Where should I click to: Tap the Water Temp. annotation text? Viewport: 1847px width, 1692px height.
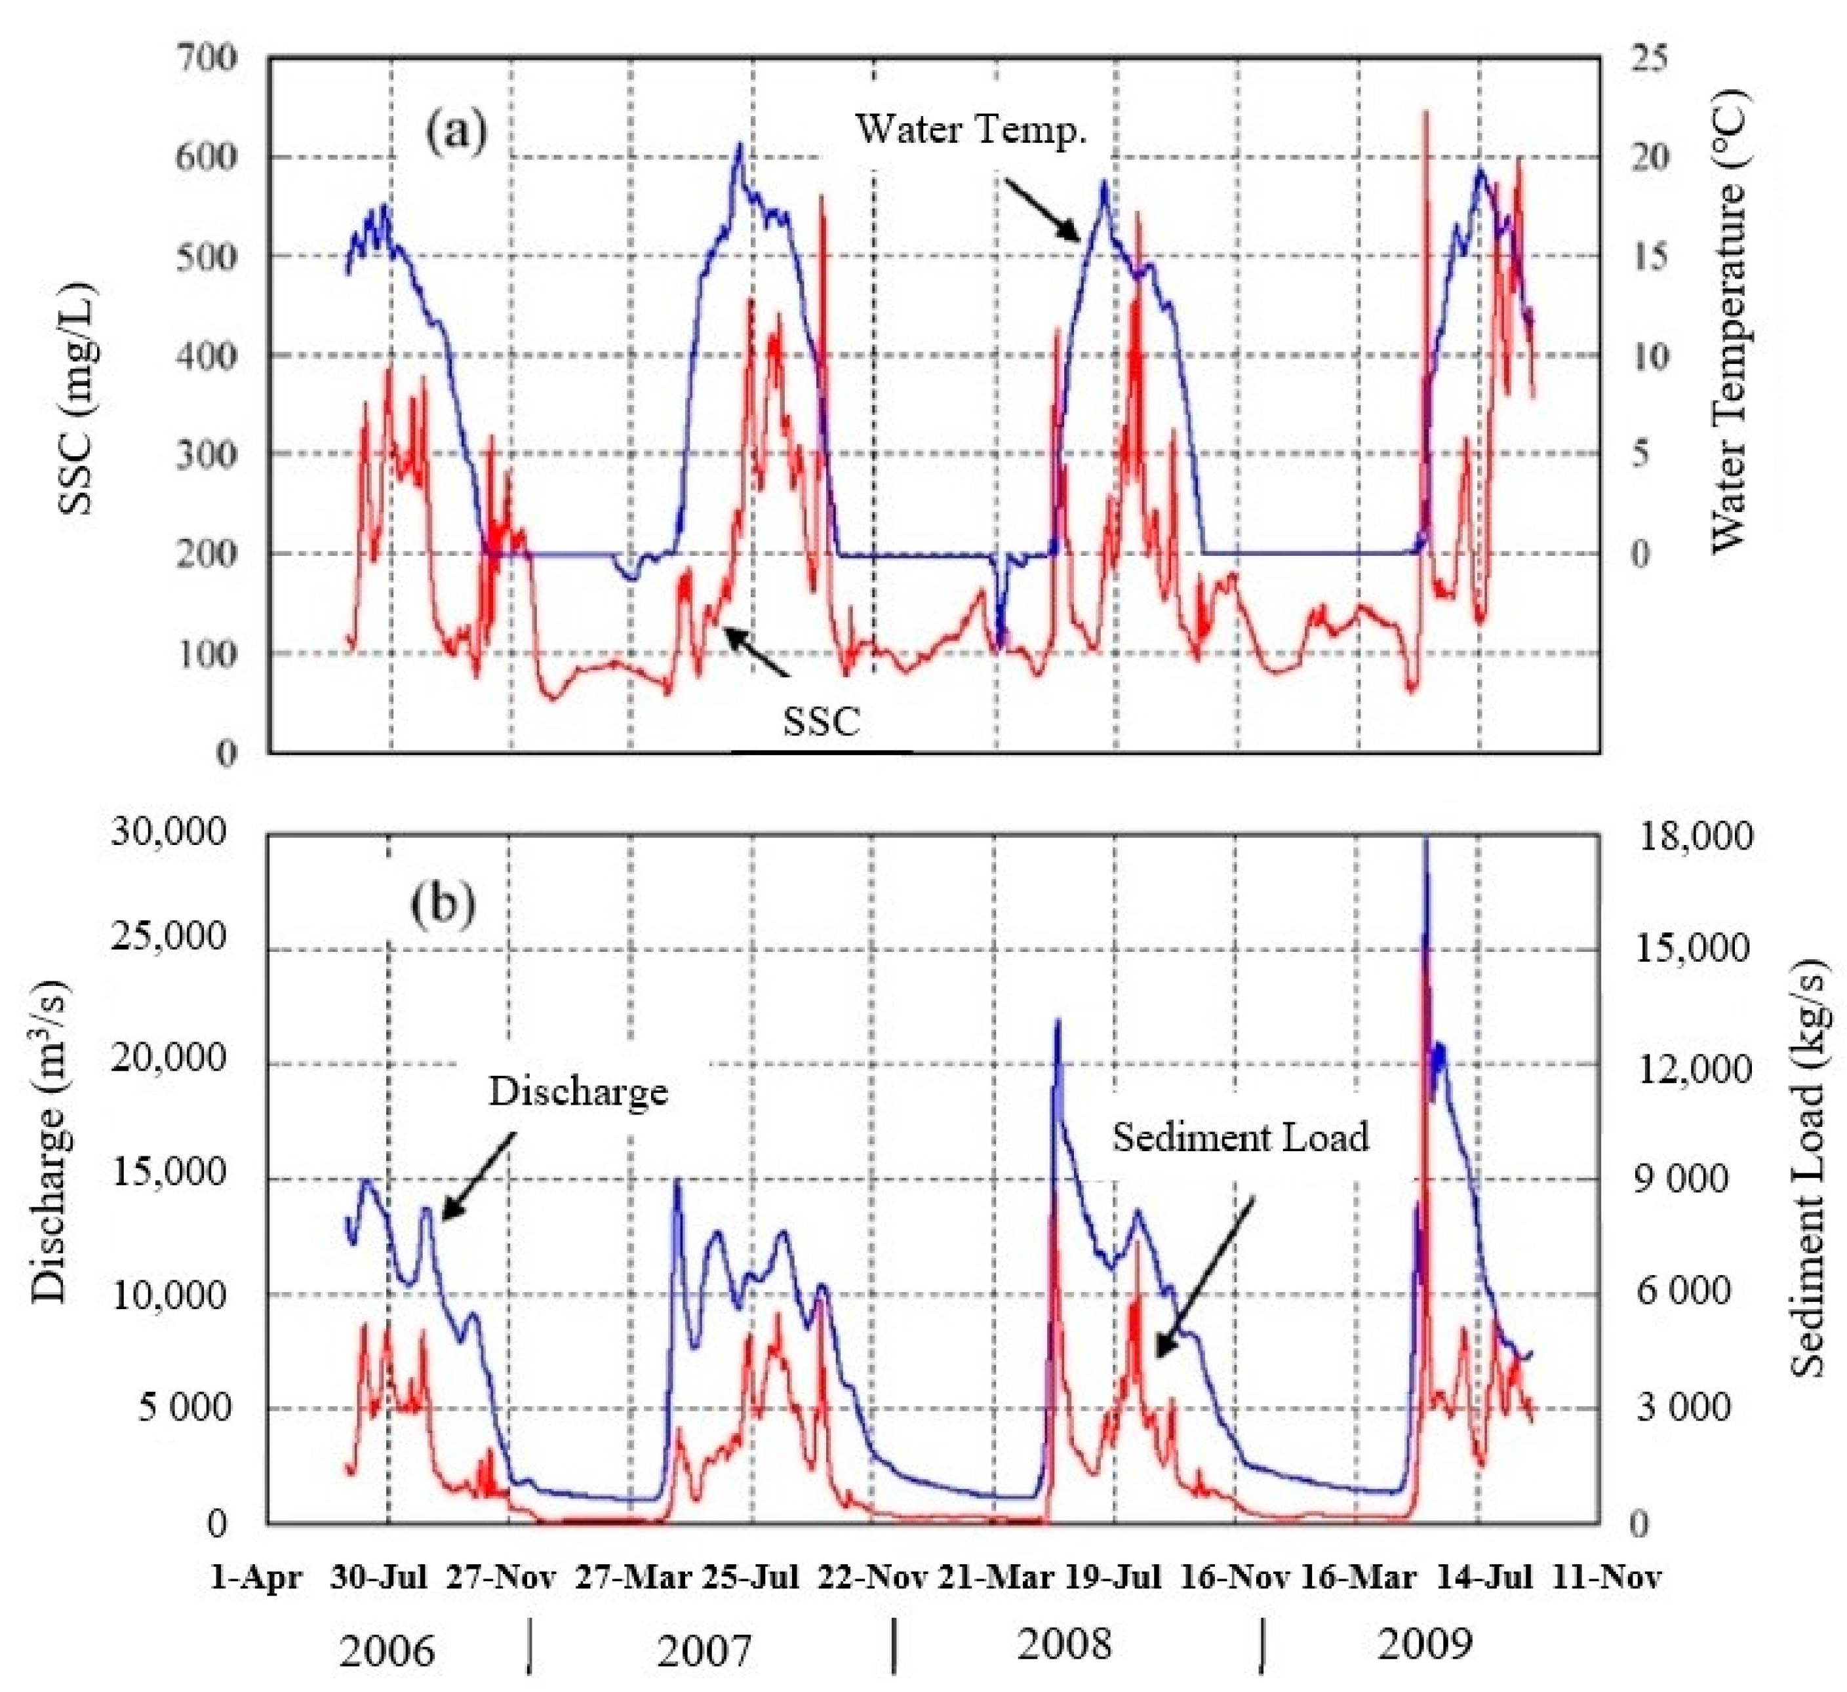(x=970, y=130)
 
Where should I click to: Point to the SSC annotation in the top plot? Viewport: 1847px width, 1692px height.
(x=822, y=723)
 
